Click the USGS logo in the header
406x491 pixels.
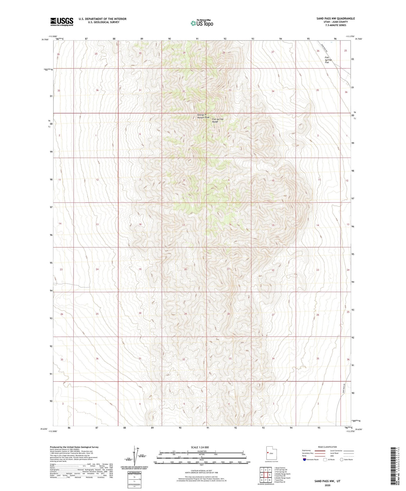click(62, 22)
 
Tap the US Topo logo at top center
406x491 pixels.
click(202, 23)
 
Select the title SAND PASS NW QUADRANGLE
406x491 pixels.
click(335, 18)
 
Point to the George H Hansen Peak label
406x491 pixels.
click(203, 116)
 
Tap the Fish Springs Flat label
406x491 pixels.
click(328, 60)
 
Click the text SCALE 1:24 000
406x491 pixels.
click(200, 447)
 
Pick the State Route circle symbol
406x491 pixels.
click(342, 459)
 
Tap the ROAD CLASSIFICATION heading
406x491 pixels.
click(327, 447)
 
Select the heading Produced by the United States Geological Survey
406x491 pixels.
click(74, 447)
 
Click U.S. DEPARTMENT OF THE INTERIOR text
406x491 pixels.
click(103, 19)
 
